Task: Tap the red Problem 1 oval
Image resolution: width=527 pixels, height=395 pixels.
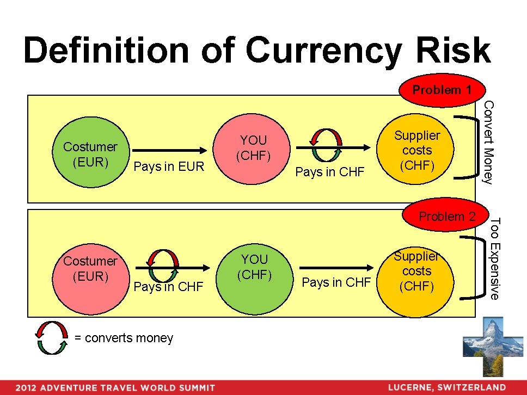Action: coord(442,90)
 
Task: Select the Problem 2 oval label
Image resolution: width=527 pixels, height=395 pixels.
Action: coord(446,216)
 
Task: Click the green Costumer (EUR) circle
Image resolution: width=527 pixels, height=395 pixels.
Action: coord(90,155)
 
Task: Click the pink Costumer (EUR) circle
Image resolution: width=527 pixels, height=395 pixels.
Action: coord(90,269)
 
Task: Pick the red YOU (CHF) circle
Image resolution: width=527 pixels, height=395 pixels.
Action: coord(253,148)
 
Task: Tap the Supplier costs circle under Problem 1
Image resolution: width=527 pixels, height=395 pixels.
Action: coord(417,150)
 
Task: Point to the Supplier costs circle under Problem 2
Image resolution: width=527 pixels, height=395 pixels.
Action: coord(417,271)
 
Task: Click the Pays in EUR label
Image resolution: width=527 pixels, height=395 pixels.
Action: coord(169,166)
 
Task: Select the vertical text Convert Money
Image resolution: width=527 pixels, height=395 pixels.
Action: coord(488,143)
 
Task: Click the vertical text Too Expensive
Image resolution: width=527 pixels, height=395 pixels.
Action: coord(494,258)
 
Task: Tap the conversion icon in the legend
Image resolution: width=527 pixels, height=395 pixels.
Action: coord(52,337)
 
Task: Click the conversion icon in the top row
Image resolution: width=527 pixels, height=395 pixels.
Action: coord(328,145)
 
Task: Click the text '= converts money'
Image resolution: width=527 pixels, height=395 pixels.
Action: coord(124,338)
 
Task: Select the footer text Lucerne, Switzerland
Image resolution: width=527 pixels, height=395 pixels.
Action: coord(446,387)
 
